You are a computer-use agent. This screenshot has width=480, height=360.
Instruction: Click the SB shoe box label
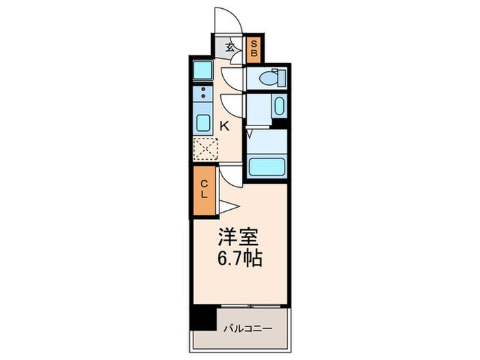(253, 47)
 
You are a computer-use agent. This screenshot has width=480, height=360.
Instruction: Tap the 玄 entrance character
(232, 48)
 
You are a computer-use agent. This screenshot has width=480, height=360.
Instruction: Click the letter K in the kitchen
(224, 125)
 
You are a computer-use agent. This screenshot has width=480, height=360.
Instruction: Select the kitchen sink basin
(204, 122)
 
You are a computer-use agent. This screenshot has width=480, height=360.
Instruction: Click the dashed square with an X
(204, 148)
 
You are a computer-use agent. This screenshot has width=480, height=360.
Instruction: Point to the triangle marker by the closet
(228, 207)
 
